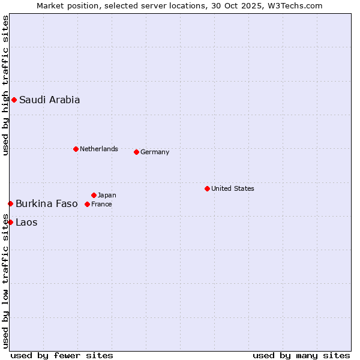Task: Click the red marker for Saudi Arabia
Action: pyautogui.click(x=14, y=100)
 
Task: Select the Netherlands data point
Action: pyautogui.click(x=76, y=149)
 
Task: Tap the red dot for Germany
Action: pyautogui.click(x=136, y=152)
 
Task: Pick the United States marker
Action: pyautogui.click(x=207, y=188)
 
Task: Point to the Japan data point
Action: pyautogui.click(x=94, y=195)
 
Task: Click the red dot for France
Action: pyautogui.click(x=87, y=204)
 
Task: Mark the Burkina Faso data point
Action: pyautogui.click(x=10, y=204)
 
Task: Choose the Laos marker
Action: pyautogui.click(x=10, y=222)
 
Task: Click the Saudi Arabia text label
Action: pyautogui.click(x=49, y=100)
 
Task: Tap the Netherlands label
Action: pyautogui.click(x=99, y=149)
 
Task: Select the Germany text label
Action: pyautogui.click(x=155, y=152)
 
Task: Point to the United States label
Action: pyautogui.click(x=233, y=188)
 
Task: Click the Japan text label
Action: pyautogui.click(x=107, y=195)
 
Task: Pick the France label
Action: pyautogui.click(x=101, y=204)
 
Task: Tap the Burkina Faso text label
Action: pyautogui.click(x=47, y=203)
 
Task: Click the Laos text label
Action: pyautogui.click(x=26, y=222)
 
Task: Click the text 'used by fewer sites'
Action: pyautogui.click(x=62, y=355)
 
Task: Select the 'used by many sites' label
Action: pyautogui.click(x=301, y=355)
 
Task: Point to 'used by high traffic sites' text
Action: pyautogui.click(x=6, y=85)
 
